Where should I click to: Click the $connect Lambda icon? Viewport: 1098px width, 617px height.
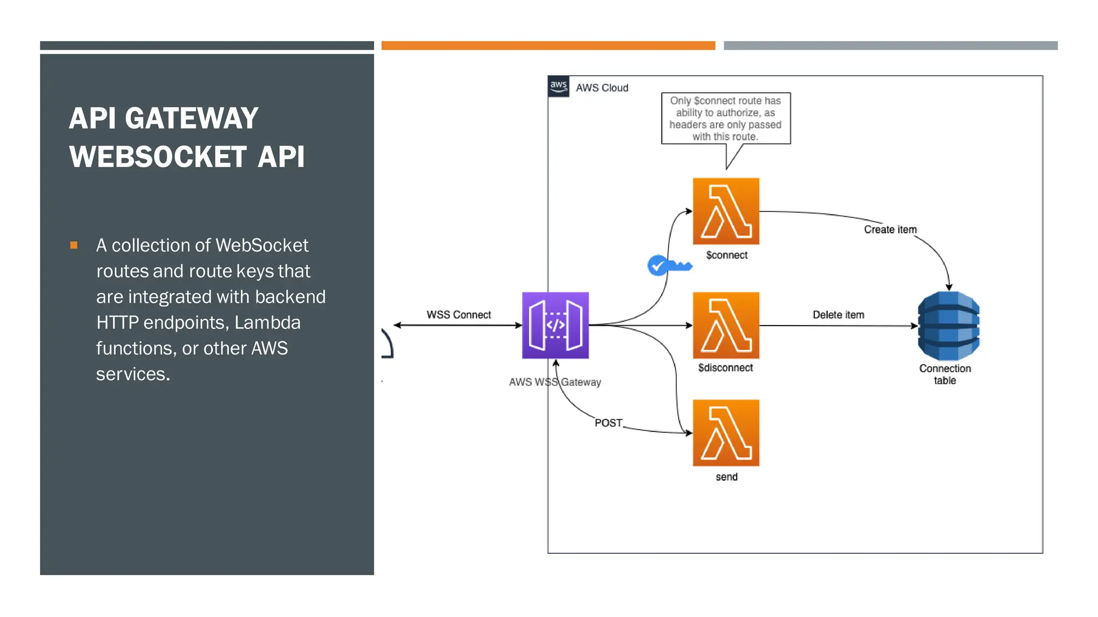[726, 211]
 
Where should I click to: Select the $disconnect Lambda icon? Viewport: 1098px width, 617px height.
[726, 325]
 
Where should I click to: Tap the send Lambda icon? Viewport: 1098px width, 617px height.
[726, 433]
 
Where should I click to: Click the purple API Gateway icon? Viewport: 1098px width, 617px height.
[555, 325]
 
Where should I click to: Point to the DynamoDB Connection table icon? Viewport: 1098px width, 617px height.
[948, 326]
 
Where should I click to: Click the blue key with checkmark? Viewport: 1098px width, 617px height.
[668, 265]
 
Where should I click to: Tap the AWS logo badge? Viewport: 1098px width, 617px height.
[558, 86]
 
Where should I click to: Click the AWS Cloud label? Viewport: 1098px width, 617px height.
[602, 88]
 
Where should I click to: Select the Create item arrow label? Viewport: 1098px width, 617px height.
[890, 229]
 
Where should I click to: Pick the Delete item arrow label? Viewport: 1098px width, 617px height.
[838, 315]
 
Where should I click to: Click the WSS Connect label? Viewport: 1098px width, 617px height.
[458, 315]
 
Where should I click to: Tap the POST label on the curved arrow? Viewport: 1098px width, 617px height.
[608, 423]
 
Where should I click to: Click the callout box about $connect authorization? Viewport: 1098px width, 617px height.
[725, 118]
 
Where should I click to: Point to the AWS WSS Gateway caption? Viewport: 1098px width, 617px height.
[555, 382]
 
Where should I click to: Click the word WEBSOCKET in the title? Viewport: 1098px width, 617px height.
[158, 157]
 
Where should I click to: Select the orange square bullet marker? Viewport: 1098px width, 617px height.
[74, 245]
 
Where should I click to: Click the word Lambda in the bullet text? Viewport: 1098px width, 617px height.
[267, 322]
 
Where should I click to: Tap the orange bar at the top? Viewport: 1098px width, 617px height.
[548, 46]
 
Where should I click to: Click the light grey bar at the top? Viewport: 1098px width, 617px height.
[890, 46]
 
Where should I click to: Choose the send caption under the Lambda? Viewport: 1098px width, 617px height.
[726, 477]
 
